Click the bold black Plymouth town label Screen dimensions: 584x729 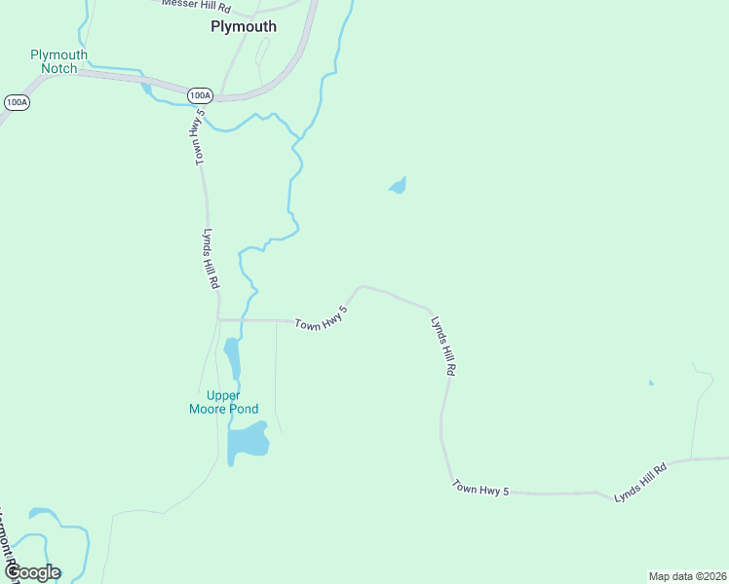point(244,27)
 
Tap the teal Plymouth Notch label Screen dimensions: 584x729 point(58,61)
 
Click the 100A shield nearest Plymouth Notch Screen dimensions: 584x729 point(16,101)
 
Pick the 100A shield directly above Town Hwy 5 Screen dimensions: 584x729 point(199,94)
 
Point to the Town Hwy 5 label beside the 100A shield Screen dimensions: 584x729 point(198,137)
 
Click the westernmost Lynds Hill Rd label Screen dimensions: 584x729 point(210,259)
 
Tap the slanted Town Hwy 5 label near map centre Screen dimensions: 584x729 point(322,317)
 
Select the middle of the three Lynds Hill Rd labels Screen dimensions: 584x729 point(443,346)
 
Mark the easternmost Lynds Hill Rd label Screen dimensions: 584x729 point(640,483)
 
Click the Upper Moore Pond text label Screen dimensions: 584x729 point(223,402)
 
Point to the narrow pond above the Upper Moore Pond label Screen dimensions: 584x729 point(232,358)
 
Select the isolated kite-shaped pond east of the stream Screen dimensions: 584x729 point(398,186)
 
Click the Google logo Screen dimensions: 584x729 point(32,572)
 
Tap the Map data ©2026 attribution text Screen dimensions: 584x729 point(687,575)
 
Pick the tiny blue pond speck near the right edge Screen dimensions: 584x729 point(651,383)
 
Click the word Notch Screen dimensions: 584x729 point(58,69)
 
